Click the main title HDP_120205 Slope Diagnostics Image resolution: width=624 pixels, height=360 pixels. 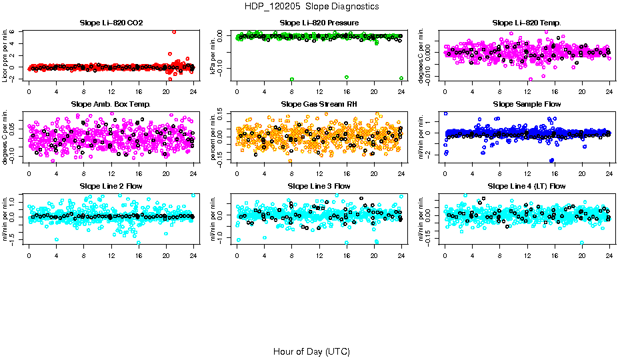pos(311,6)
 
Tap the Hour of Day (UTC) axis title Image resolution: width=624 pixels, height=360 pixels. pos(311,351)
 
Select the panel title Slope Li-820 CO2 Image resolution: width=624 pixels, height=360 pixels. pos(111,23)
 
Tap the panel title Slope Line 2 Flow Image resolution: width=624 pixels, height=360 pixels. pos(111,186)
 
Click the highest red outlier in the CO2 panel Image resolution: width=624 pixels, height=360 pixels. pos(174,32)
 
